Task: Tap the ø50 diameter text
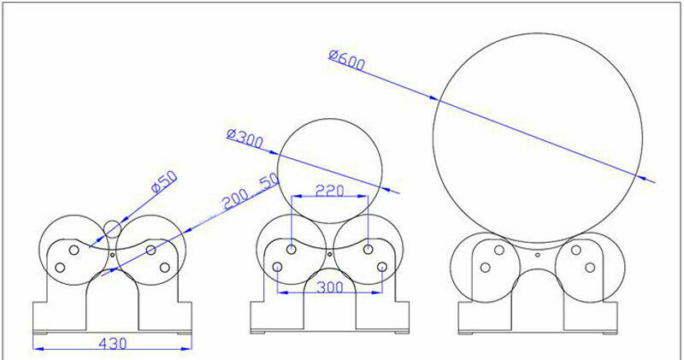pos(163,182)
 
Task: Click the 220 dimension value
pos(329,191)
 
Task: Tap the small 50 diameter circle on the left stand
pos(113,227)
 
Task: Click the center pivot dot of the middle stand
pos(330,254)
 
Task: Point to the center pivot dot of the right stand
pos(537,254)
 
